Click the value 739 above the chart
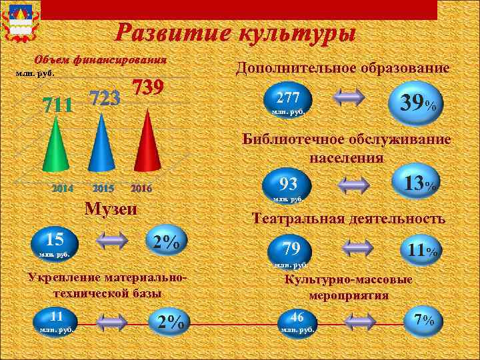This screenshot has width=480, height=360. [x=149, y=88]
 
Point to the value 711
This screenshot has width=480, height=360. [x=58, y=105]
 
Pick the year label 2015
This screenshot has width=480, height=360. [x=103, y=189]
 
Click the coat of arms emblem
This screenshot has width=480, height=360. [x=21, y=21]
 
